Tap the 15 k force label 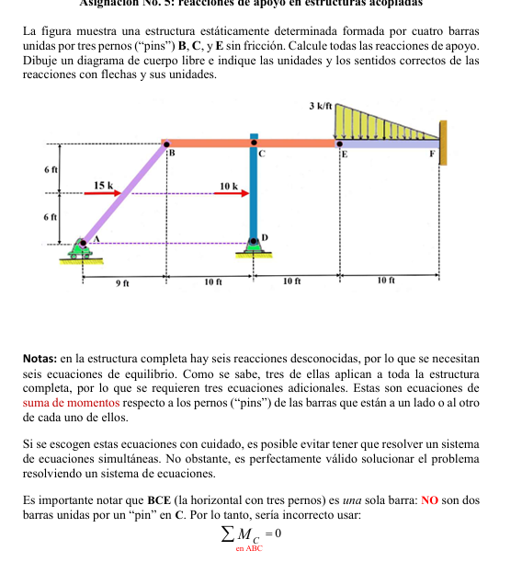point(105,186)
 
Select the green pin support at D point(254,245)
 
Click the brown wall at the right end point(444,143)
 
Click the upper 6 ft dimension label point(51,170)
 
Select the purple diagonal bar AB point(124,192)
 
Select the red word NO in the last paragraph point(428,500)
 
